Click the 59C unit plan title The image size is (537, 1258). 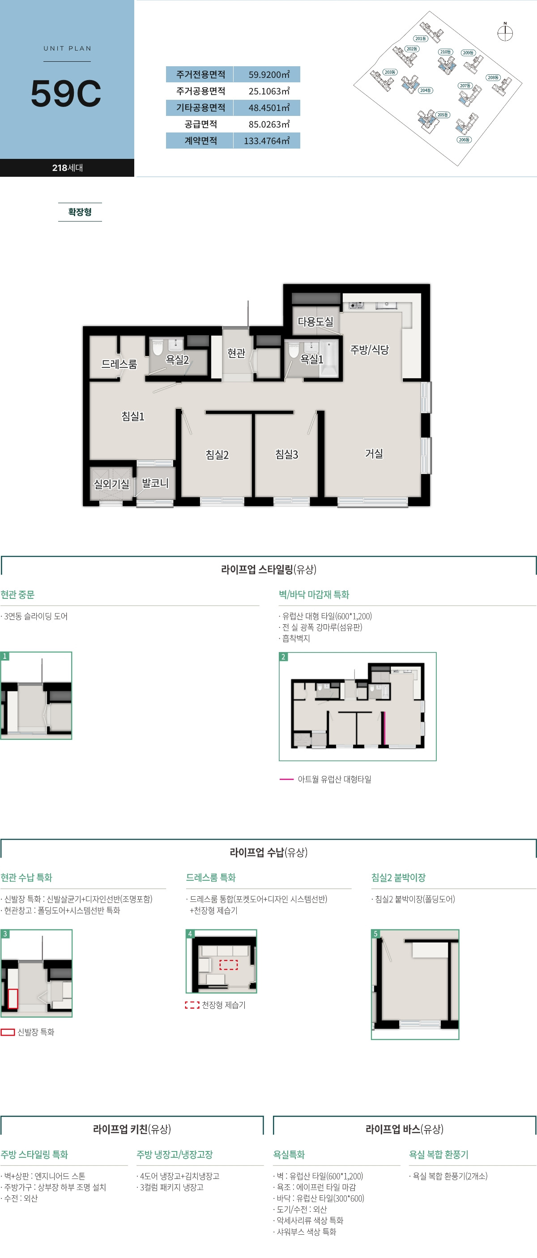(66, 93)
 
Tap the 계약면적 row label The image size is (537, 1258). (200, 141)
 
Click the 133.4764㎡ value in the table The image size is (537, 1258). (267, 141)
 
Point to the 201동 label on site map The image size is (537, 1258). (420, 38)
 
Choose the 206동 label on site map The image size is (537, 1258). (464, 140)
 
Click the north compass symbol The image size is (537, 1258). (505, 33)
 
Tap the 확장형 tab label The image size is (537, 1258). (80, 212)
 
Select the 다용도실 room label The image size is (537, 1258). (315, 321)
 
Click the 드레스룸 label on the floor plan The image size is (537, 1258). (119, 364)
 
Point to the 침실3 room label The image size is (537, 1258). (286, 455)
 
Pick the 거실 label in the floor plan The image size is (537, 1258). (374, 454)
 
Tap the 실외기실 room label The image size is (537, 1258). (111, 484)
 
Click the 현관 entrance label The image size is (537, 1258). (236, 353)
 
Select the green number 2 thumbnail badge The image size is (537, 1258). (283, 657)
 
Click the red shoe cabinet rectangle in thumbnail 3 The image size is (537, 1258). (13, 999)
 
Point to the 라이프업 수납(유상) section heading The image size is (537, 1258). (268, 852)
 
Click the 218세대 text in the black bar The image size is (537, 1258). (68, 167)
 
